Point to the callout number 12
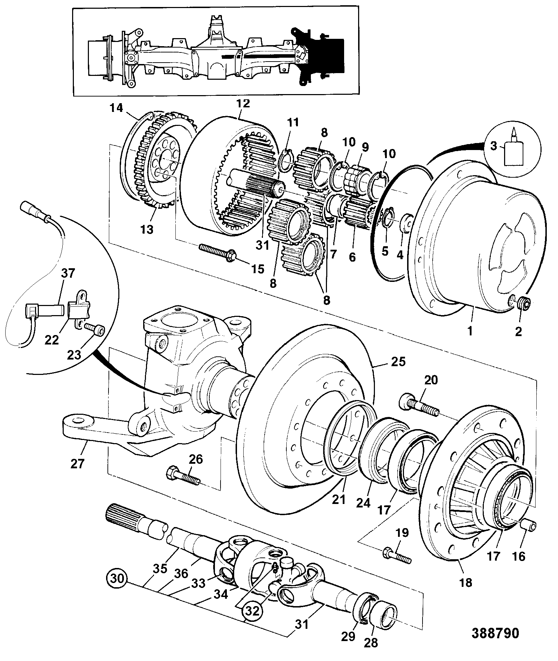coord(243,104)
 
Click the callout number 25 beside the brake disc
coord(398,362)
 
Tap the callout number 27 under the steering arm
coord(77,463)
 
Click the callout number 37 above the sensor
coord(68,273)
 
